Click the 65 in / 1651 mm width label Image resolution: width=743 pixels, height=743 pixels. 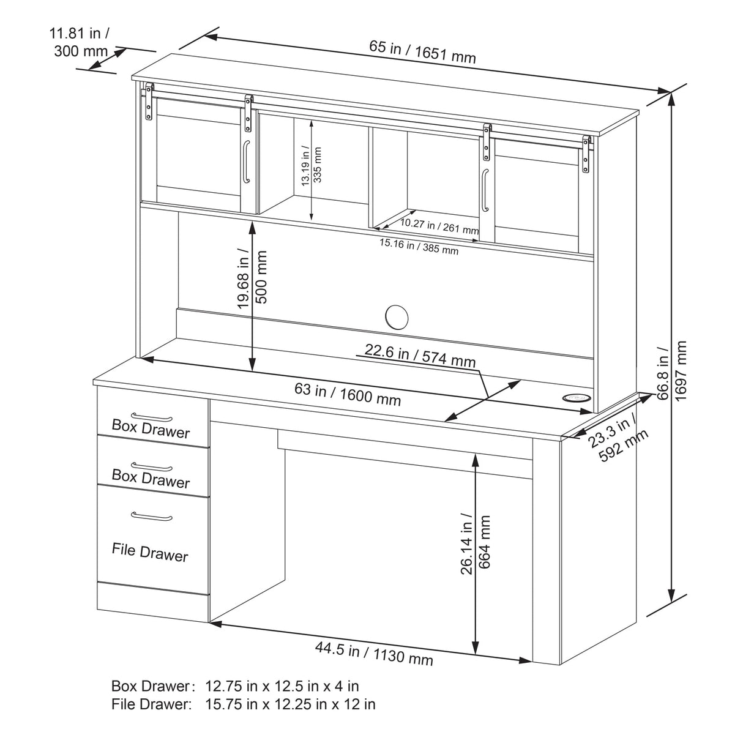pos(422,51)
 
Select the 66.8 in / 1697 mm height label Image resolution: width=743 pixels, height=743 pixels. pos(671,370)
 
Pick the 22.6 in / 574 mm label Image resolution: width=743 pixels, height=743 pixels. pos(420,354)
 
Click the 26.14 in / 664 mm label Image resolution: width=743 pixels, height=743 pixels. pos(476,543)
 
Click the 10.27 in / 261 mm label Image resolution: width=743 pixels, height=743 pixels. pos(439,226)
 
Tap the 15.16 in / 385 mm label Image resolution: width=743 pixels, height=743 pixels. pos(419,246)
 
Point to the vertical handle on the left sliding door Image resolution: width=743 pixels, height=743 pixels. pos(246,162)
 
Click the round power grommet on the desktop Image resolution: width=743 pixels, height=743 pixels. pos(576,397)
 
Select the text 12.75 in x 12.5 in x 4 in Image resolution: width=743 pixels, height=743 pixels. pos(282,685)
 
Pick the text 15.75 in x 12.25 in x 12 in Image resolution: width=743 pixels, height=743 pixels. pos(290,704)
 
